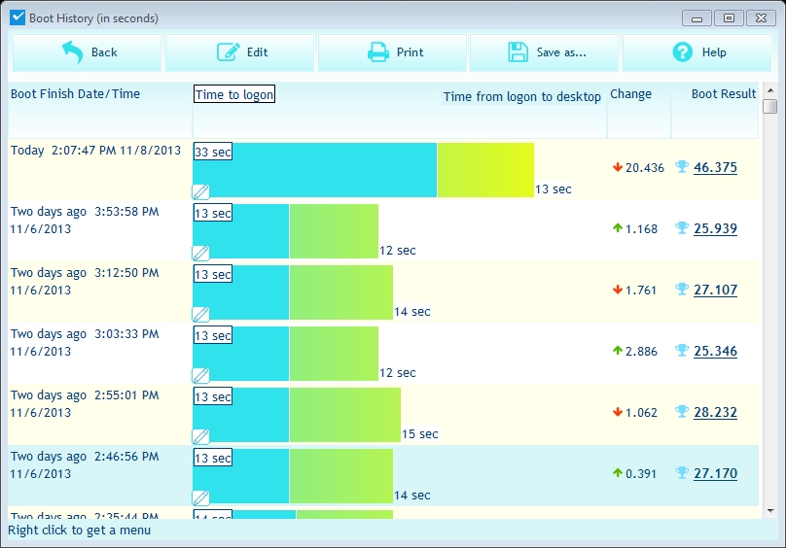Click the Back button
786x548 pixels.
tap(88, 52)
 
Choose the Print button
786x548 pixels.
tap(394, 52)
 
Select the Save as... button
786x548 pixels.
tap(546, 52)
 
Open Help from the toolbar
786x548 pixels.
tap(698, 52)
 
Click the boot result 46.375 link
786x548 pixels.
tap(715, 167)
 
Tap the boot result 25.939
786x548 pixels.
tap(715, 228)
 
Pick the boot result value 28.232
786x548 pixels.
tap(715, 412)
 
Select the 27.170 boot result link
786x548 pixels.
tap(715, 473)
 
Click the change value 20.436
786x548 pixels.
tap(644, 168)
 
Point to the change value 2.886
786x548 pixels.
tap(642, 352)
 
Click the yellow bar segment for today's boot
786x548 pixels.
tap(485, 170)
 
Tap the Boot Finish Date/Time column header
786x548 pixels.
tap(76, 94)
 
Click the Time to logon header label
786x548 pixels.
tap(233, 94)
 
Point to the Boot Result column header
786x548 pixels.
tap(723, 94)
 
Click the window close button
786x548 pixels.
tap(758, 17)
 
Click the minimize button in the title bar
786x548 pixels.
tap(697, 17)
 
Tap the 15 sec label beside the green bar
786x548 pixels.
tap(420, 434)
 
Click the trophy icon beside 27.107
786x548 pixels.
tap(682, 290)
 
